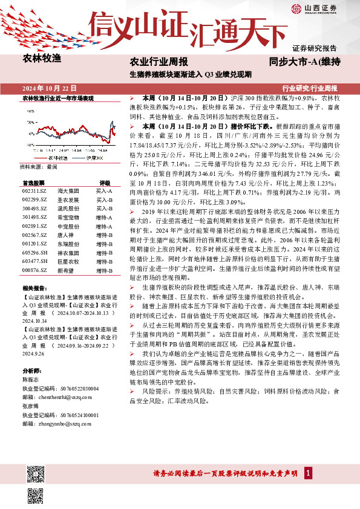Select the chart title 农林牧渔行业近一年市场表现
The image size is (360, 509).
(58, 97)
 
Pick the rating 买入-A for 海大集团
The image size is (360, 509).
(104, 190)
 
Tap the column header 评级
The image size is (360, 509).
(105, 182)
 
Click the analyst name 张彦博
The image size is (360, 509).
(31, 407)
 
